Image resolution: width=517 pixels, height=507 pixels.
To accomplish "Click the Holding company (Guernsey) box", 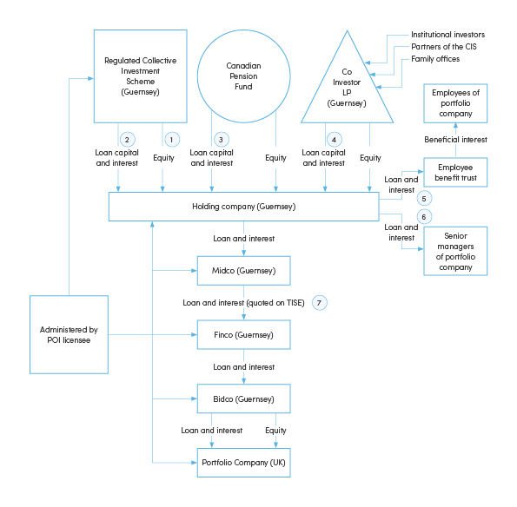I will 243,207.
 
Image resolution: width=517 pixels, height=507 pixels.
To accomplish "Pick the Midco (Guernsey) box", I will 243,271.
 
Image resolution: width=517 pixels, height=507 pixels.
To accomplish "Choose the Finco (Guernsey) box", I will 243,334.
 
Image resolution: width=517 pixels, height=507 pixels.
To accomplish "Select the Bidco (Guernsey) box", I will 243,398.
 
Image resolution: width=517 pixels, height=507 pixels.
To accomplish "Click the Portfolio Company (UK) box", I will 243,462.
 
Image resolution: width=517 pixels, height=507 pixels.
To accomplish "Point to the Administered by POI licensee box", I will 69,334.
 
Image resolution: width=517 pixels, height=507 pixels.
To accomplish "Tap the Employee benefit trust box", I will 456,172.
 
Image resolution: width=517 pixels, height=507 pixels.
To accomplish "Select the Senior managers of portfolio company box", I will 456,251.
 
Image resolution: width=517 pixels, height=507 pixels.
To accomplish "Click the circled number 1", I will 171,139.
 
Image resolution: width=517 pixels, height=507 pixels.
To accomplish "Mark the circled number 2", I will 127,139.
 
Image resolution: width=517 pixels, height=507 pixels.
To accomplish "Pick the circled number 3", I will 221,139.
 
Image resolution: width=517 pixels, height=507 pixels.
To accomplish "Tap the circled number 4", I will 333,139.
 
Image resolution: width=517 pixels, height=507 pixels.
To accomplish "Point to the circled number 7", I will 321,302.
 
